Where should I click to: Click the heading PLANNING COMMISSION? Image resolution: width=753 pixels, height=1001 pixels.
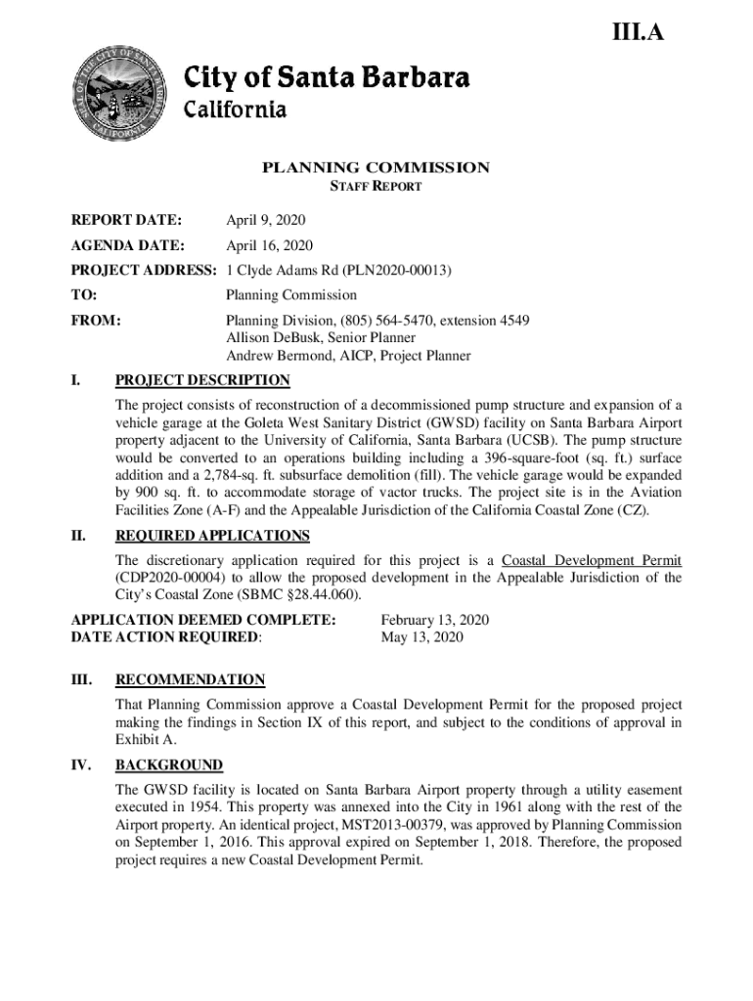coord(376,167)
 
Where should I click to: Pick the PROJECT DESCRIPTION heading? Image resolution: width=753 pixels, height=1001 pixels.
coord(202,380)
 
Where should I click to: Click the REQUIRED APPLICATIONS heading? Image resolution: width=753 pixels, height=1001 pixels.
coord(212,536)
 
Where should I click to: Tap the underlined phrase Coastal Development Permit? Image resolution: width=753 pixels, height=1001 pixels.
coord(592,560)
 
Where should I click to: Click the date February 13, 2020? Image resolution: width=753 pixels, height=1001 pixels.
coord(434,621)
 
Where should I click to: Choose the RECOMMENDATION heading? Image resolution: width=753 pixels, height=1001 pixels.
coord(190,679)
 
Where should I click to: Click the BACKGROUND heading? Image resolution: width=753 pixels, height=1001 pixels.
coord(168,764)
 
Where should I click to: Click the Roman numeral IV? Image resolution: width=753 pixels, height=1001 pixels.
coord(82,764)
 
